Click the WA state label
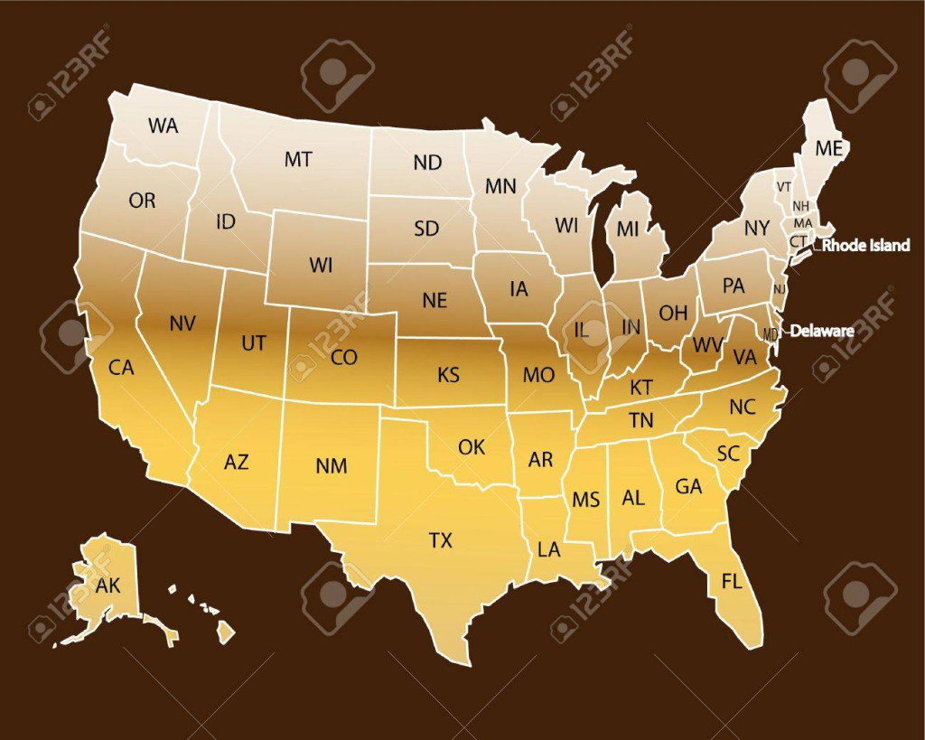point(164,126)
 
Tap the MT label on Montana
point(298,160)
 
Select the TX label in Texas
point(440,540)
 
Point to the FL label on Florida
point(731,581)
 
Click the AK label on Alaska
point(107,585)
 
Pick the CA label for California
point(121,368)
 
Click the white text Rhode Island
point(866,246)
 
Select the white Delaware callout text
point(822,332)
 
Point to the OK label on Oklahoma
point(472,446)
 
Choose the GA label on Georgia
point(688,486)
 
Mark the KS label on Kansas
point(449,374)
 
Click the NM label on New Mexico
point(332,466)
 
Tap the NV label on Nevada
point(183,322)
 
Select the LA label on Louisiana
point(548,549)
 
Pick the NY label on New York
point(756,229)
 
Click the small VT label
point(783,186)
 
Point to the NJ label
point(779,289)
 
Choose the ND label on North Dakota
point(427,163)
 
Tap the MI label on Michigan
point(628,229)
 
